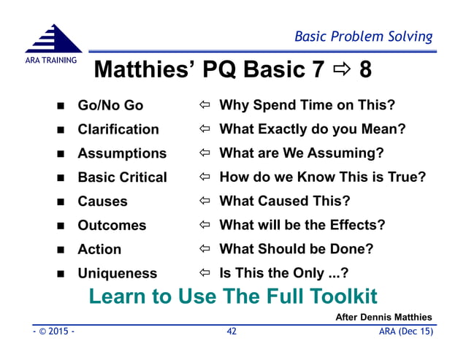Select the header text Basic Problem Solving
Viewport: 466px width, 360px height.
click(363, 37)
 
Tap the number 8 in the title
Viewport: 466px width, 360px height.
click(365, 70)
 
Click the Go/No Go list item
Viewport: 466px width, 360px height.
click(110, 105)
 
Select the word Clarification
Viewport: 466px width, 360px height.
click(118, 129)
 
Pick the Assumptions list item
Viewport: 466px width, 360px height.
click(122, 153)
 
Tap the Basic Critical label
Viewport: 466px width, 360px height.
click(122, 177)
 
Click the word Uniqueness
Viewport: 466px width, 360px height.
click(117, 273)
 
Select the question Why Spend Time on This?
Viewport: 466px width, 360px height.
click(307, 105)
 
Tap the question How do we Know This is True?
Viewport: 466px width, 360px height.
click(322, 177)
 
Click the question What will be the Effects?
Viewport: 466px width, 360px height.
click(302, 225)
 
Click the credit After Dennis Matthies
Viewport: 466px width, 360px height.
click(383, 317)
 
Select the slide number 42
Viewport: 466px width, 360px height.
click(232, 331)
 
